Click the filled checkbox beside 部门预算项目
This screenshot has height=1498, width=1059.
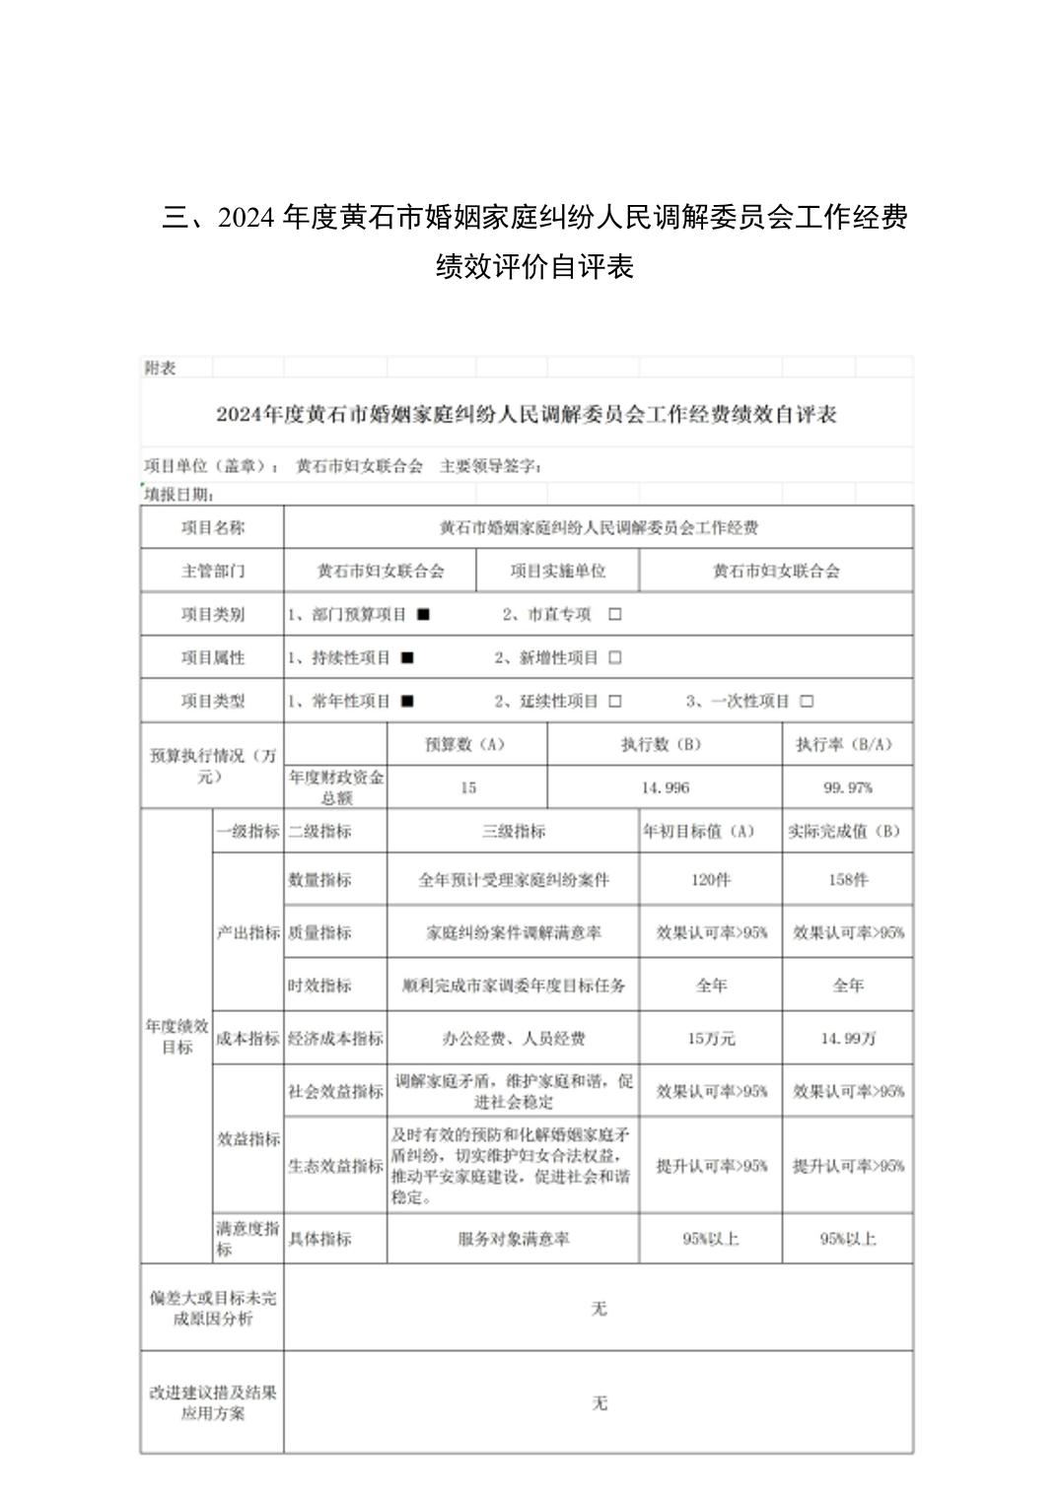coord(423,614)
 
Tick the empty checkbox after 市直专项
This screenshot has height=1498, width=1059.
coord(615,614)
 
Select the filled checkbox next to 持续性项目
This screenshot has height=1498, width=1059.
coord(407,657)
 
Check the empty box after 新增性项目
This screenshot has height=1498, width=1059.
coord(615,657)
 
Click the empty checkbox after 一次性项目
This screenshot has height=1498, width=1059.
coord(807,701)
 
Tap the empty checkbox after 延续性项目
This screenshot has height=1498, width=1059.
coord(615,701)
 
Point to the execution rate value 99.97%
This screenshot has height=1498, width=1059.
coord(847,787)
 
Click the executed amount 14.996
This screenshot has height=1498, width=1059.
coord(665,787)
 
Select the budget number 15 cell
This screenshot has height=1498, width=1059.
coord(467,787)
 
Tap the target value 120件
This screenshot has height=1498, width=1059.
coord(710,880)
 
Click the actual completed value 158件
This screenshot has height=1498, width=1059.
coord(847,880)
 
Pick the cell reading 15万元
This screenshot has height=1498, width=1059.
coord(710,1039)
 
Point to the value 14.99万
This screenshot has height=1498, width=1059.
coord(847,1039)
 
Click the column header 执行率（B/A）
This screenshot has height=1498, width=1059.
coord(847,744)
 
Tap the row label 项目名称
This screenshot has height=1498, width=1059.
coord(212,527)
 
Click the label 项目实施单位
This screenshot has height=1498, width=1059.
coord(557,571)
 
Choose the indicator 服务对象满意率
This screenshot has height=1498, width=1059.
coord(513,1239)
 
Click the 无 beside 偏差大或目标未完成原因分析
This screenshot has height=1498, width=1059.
coord(599,1309)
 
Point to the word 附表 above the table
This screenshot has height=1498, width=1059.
coord(160,368)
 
